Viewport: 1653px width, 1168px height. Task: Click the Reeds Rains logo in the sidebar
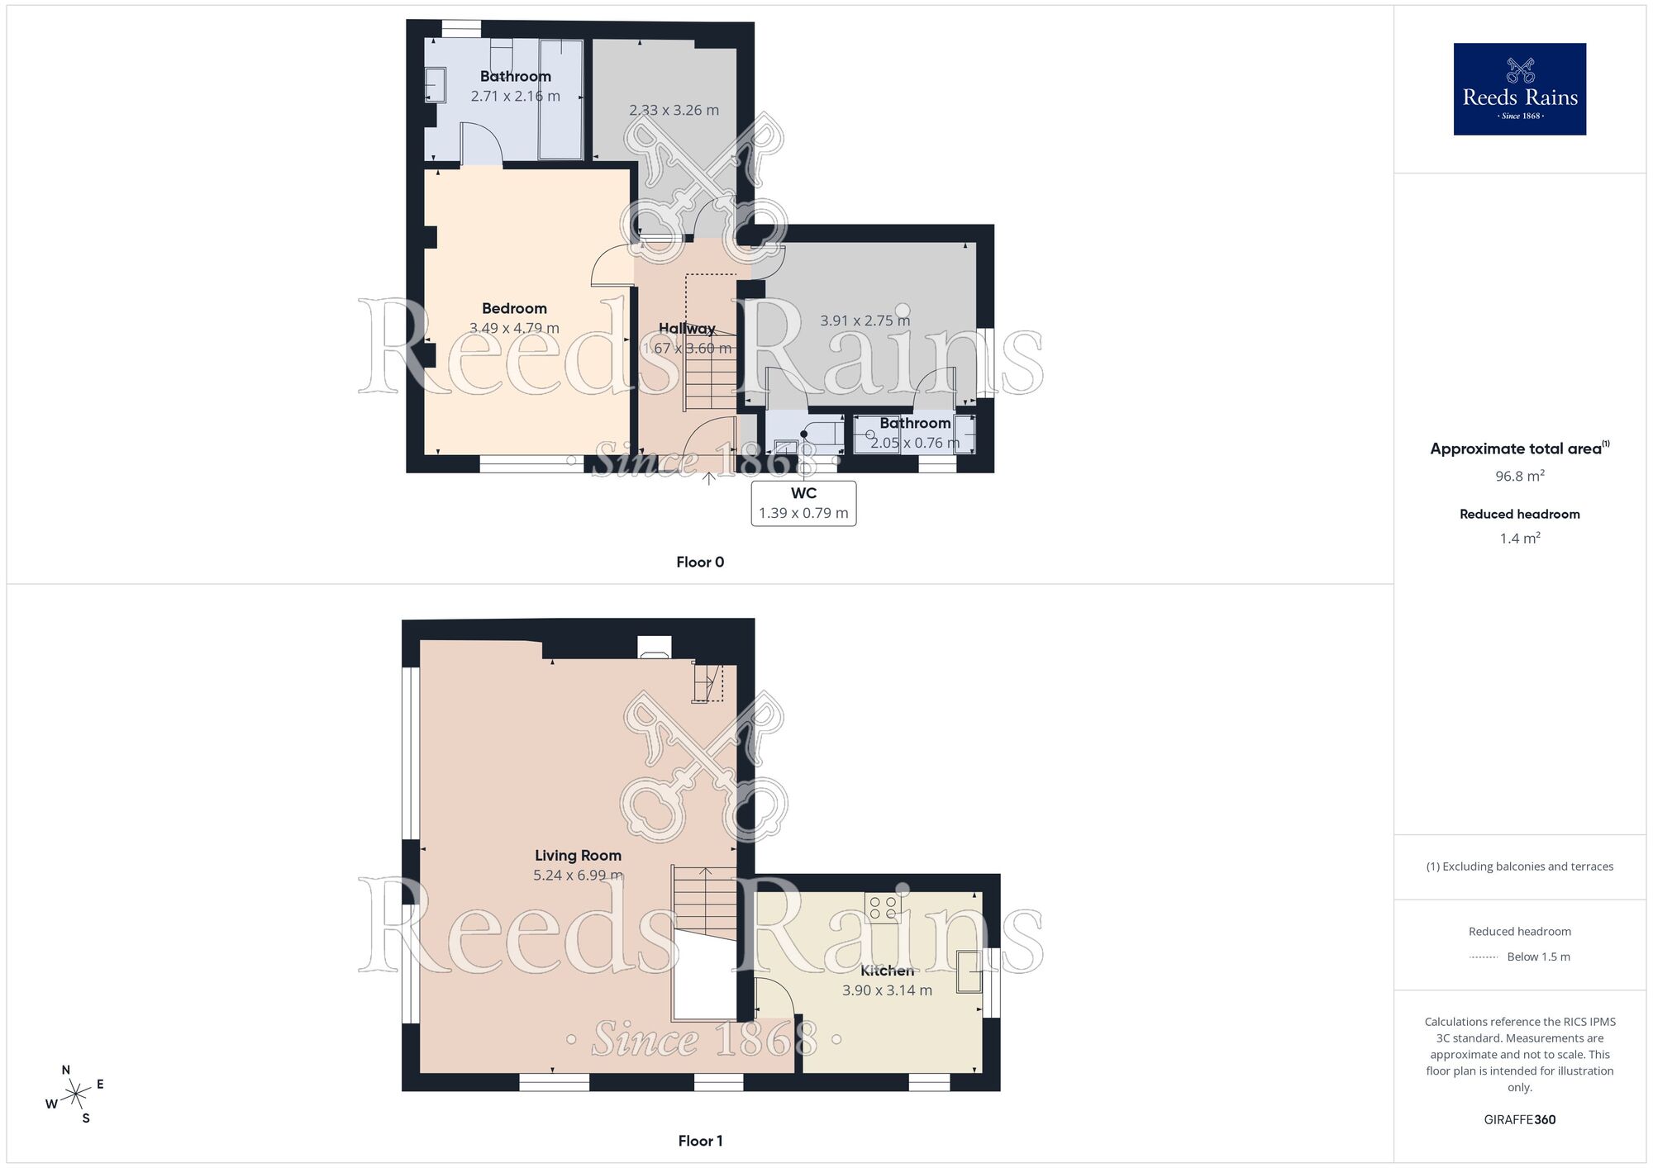point(1519,89)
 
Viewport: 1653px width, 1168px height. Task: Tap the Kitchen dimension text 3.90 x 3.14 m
point(887,990)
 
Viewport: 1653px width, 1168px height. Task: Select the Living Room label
point(578,856)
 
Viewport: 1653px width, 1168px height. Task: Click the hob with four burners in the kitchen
point(883,908)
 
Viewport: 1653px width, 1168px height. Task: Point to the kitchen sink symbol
point(969,971)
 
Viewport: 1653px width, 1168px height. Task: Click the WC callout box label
point(803,494)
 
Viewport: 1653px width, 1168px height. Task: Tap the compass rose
point(75,1095)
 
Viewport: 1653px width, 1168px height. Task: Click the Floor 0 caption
point(700,563)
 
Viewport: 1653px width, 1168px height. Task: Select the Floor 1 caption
point(700,1142)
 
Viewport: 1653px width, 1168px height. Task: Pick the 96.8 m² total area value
point(1519,476)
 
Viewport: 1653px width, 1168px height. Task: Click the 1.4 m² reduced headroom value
point(1519,539)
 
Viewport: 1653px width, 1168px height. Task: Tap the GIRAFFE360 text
point(1519,1120)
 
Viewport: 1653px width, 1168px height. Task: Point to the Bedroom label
point(514,309)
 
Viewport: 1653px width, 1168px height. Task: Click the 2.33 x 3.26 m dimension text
point(674,111)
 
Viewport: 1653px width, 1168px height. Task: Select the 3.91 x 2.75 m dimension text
point(865,320)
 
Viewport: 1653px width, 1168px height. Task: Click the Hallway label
point(687,329)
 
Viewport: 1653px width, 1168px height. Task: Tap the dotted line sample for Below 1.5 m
point(1484,957)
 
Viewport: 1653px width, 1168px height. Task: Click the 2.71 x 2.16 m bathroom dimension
point(515,97)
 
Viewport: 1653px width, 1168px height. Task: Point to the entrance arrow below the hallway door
point(709,477)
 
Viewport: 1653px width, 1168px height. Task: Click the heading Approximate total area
point(1516,449)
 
